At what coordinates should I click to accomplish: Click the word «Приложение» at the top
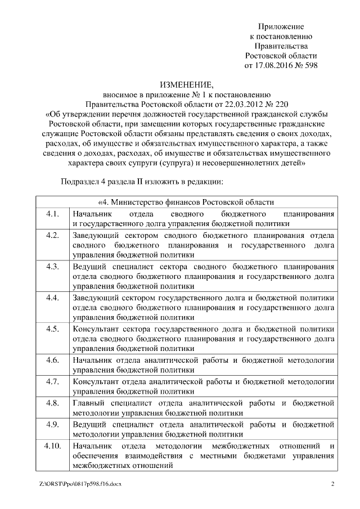[281, 26]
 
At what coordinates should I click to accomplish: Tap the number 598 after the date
[310, 65]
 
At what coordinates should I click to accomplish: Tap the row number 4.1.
[52, 214]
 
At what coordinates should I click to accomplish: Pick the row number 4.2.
[52, 235]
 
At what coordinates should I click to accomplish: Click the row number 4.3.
[52, 265]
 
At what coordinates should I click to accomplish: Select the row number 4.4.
[52, 296]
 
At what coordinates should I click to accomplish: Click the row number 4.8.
[52, 403]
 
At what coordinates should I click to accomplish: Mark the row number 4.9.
[52, 424]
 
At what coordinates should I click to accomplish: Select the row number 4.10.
[52, 446]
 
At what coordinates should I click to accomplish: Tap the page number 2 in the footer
[332, 484]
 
